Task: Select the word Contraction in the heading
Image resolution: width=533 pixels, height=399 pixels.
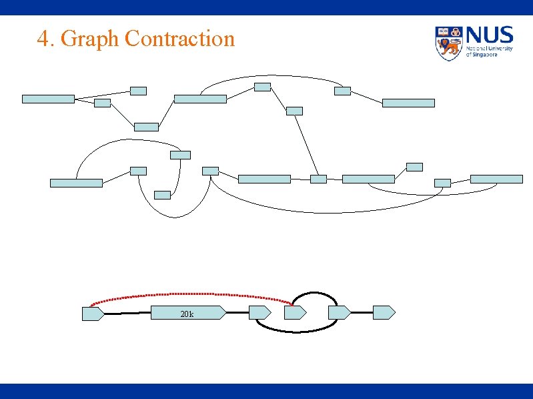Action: pyautogui.click(x=179, y=39)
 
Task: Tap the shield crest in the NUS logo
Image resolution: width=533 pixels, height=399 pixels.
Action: pyautogui.click(x=448, y=43)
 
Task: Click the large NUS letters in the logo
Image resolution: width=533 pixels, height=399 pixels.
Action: pyautogui.click(x=490, y=35)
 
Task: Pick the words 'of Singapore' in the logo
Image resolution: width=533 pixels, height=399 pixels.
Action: pyautogui.click(x=482, y=54)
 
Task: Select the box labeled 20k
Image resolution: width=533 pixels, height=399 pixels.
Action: pyautogui.click(x=188, y=312)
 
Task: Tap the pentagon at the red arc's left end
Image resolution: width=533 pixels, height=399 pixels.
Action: pyautogui.click(x=93, y=313)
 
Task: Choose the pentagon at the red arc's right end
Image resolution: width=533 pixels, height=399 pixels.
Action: pyautogui.click(x=295, y=312)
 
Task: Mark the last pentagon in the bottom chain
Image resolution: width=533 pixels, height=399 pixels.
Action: pyautogui.click(x=384, y=312)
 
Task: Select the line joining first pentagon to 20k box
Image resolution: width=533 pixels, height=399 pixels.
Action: pyautogui.click(x=127, y=312)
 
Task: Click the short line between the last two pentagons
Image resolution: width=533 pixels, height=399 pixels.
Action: pyautogui.click(x=361, y=312)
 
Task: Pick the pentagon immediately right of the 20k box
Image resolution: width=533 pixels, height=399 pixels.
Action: pyautogui.click(x=259, y=312)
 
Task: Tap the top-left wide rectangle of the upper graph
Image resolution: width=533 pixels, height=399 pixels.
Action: pyautogui.click(x=48, y=99)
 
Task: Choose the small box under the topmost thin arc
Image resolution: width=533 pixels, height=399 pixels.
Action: pyautogui.click(x=263, y=87)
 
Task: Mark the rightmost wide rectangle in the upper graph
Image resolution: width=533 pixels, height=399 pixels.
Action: pyautogui.click(x=496, y=179)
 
